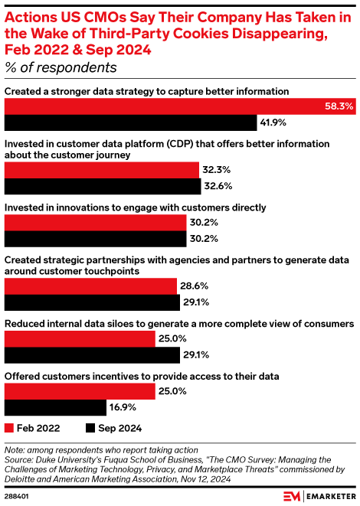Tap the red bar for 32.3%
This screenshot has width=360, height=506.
pos(102,168)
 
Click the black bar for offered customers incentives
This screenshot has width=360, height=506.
pos(55,407)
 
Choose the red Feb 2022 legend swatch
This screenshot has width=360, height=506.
pos(10,428)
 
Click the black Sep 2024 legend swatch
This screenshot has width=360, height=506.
pos(90,428)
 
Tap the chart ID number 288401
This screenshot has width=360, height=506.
pos(18,495)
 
